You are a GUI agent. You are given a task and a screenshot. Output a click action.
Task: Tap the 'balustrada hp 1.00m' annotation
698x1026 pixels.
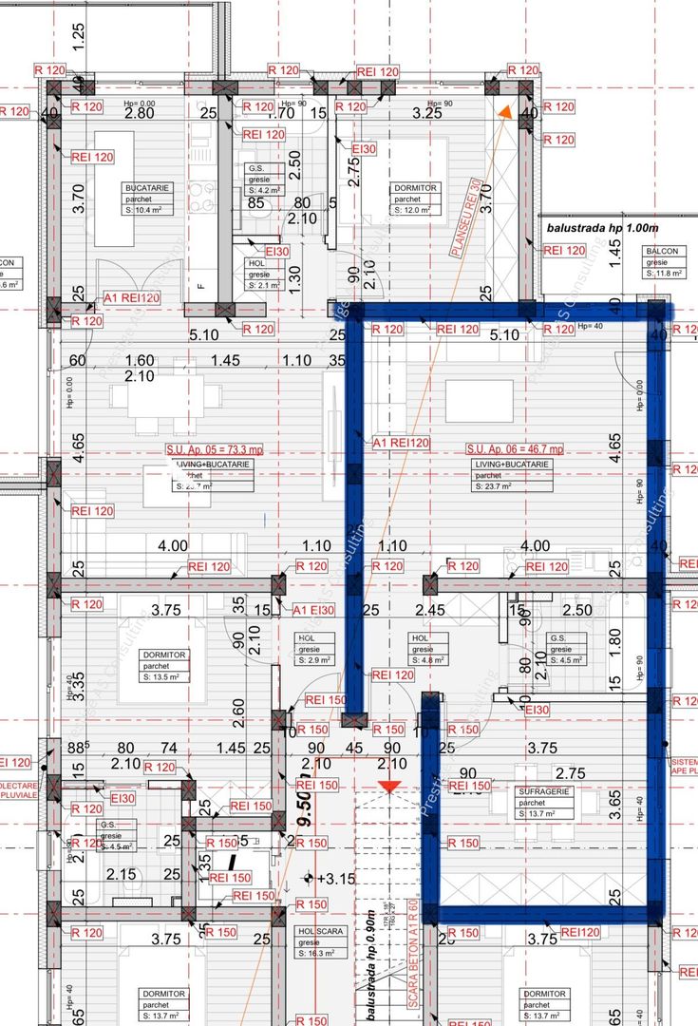tap(602, 229)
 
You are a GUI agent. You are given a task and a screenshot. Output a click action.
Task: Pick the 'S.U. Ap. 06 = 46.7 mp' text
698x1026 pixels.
tap(514, 448)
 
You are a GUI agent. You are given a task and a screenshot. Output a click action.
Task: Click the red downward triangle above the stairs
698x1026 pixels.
tap(387, 787)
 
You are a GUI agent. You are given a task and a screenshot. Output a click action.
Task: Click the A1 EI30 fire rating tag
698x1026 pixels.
tap(312, 610)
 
